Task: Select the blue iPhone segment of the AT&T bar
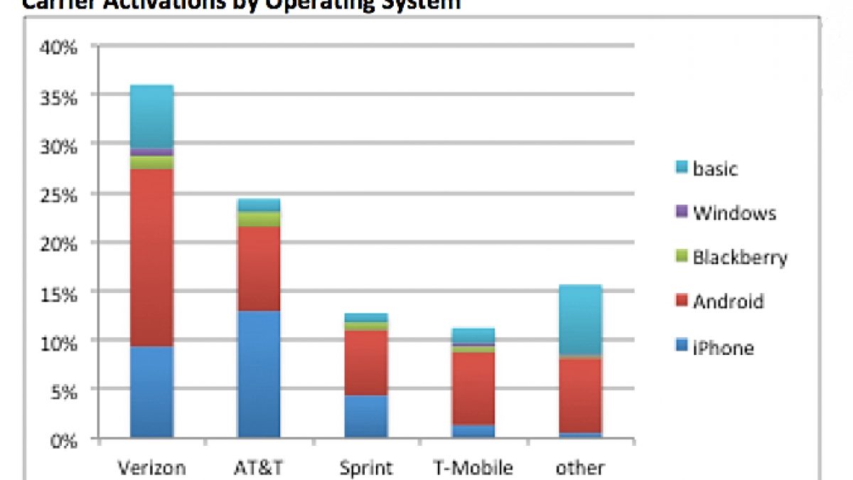[x=259, y=374]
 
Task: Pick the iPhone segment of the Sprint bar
[x=366, y=416]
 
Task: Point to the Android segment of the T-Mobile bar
[x=473, y=388]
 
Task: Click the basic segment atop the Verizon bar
[x=151, y=117]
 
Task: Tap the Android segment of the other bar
[x=580, y=395]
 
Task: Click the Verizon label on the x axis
[x=151, y=468]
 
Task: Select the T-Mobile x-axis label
[x=473, y=468]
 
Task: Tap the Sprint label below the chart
[x=366, y=468]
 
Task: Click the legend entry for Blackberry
[x=739, y=257]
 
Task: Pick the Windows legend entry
[x=734, y=213]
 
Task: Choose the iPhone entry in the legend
[x=723, y=348]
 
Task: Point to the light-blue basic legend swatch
[x=681, y=169]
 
